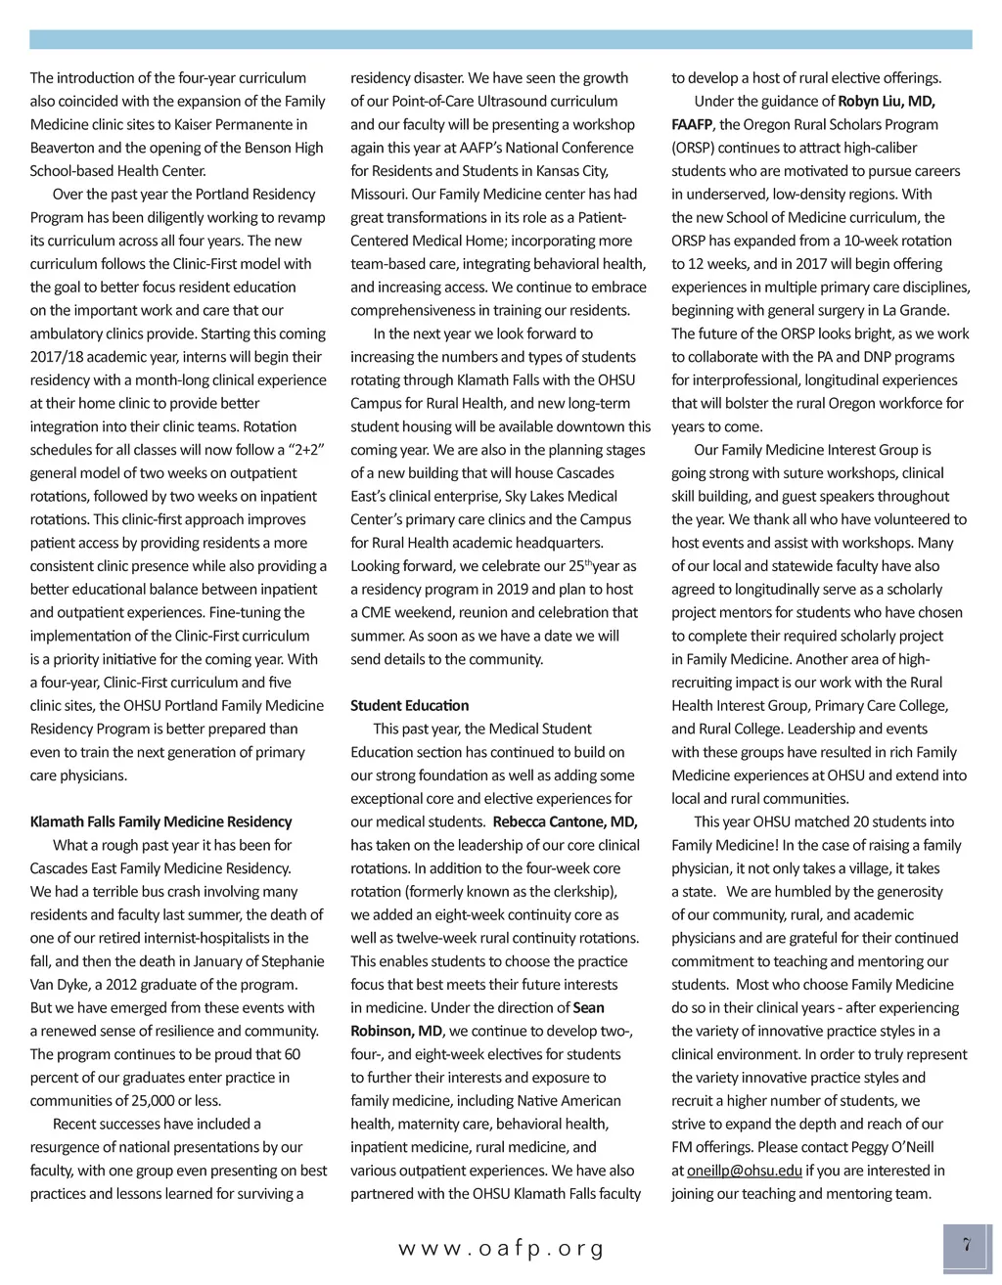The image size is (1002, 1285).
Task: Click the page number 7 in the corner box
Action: coord(966,1246)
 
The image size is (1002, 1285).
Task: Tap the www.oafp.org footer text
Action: coord(501,1249)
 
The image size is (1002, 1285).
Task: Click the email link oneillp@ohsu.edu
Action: coord(744,1171)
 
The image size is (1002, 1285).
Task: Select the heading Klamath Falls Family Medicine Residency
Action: coord(160,821)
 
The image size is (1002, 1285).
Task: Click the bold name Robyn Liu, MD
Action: coord(887,101)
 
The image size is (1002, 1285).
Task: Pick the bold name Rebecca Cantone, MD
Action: coord(565,821)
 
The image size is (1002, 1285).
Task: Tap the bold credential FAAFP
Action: coord(692,124)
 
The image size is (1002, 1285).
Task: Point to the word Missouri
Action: coord(378,194)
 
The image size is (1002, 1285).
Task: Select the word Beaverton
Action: coord(64,148)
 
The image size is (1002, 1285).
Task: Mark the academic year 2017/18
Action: coord(61,357)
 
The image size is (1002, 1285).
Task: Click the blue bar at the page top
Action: coord(501,39)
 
